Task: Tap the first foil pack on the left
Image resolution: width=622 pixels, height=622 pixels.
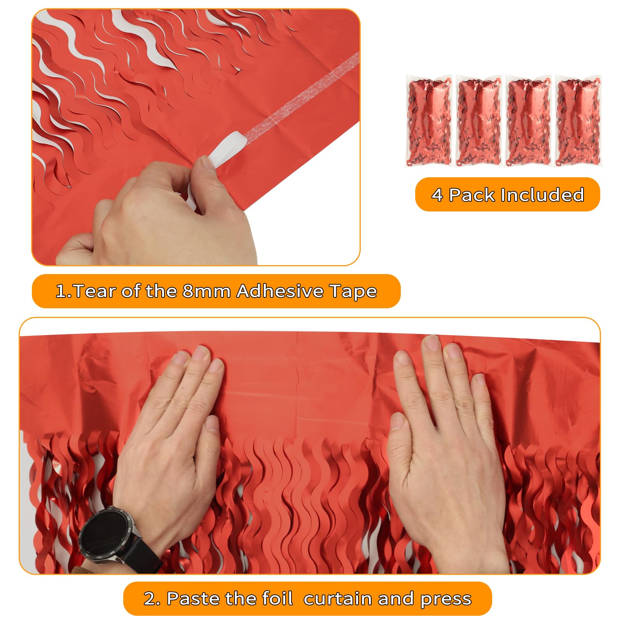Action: click(429, 121)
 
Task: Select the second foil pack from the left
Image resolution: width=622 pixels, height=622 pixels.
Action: click(479, 121)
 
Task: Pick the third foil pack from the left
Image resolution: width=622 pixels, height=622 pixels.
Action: click(529, 121)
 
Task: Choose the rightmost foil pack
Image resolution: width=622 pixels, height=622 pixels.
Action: click(578, 121)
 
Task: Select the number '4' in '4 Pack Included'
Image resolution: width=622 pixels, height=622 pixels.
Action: click(437, 195)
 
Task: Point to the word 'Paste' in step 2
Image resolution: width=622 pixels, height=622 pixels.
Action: click(190, 599)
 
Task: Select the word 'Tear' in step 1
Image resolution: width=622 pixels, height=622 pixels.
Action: click(93, 291)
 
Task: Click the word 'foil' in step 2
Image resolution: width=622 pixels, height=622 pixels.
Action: click(277, 599)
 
